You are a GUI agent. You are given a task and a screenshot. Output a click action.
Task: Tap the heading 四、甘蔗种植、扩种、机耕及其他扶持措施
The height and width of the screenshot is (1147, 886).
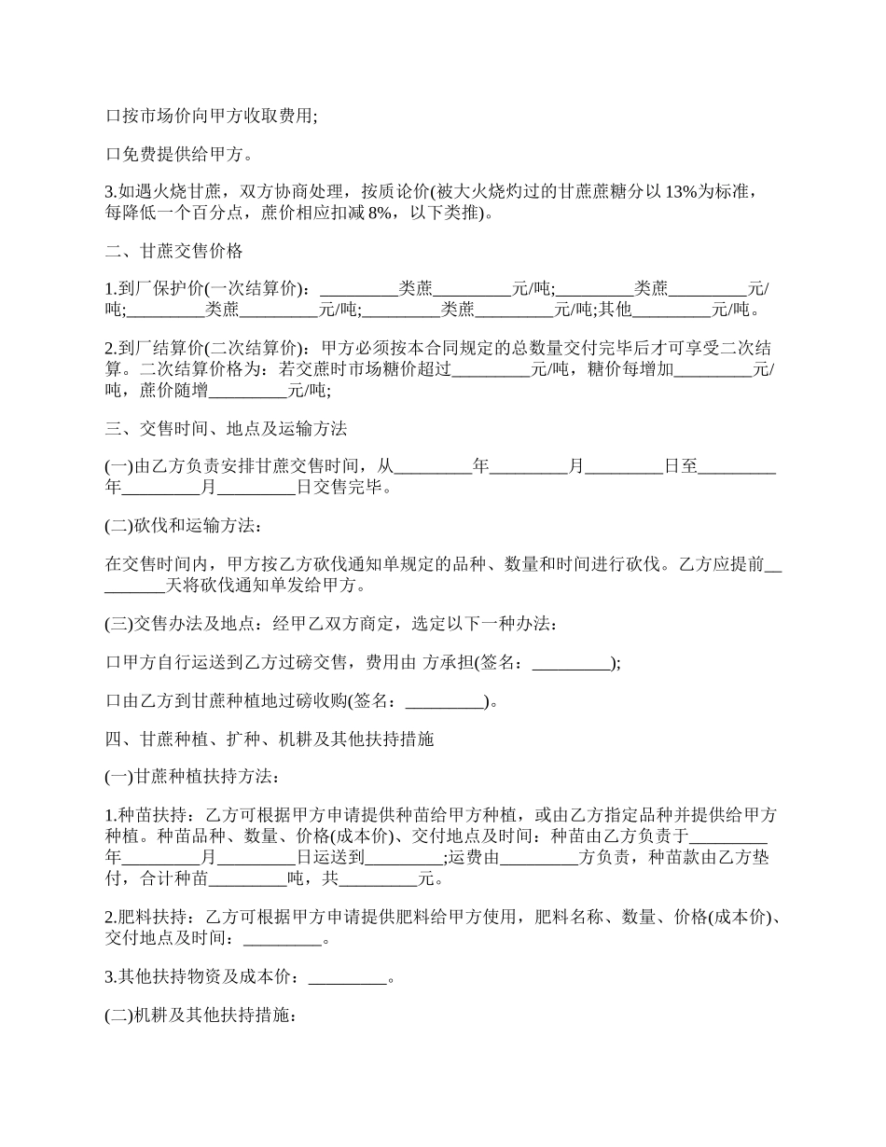point(270,739)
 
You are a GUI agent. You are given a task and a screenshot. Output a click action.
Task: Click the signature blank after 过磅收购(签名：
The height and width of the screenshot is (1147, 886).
point(445,702)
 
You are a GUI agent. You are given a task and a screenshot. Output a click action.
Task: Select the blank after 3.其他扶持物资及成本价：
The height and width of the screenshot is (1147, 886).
point(347,978)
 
